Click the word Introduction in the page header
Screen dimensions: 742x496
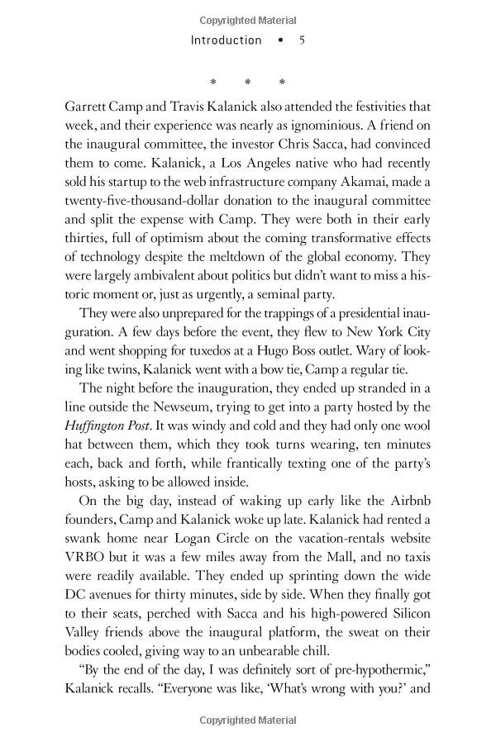[226, 40]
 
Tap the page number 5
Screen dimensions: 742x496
[303, 40]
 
